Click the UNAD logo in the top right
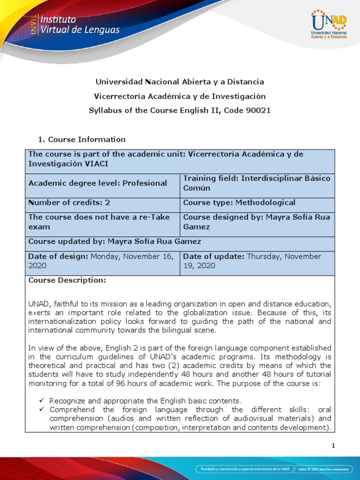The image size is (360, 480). click(329, 24)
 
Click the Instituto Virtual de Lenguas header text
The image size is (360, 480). click(80, 25)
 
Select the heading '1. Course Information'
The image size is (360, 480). click(82, 139)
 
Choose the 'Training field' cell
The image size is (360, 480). click(257, 183)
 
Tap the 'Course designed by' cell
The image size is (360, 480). click(257, 222)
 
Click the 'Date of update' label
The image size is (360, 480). click(214, 256)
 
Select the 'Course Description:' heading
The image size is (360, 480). click(67, 280)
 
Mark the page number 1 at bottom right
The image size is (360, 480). click(333, 446)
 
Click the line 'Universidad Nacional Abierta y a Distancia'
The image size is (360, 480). click(180, 82)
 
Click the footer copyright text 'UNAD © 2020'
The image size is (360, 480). click(324, 469)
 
